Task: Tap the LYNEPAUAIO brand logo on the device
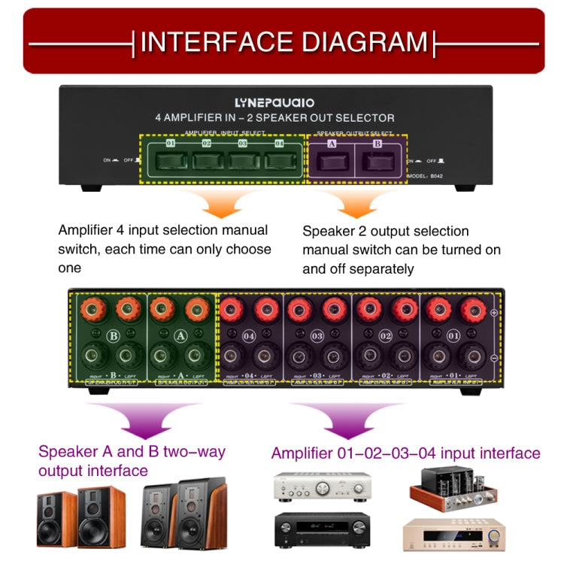click(x=274, y=102)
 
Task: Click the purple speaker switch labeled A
click(x=332, y=160)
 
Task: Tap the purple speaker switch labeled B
click(x=378, y=160)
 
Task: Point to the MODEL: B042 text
click(x=426, y=176)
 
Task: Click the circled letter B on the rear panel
click(x=114, y=336)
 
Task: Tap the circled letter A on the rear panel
click(x=180, y=336)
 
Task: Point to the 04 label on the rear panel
click(x=250, y=336)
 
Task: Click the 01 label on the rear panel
click(x=453, y=336)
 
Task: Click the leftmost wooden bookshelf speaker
click(x=56, y=519)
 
